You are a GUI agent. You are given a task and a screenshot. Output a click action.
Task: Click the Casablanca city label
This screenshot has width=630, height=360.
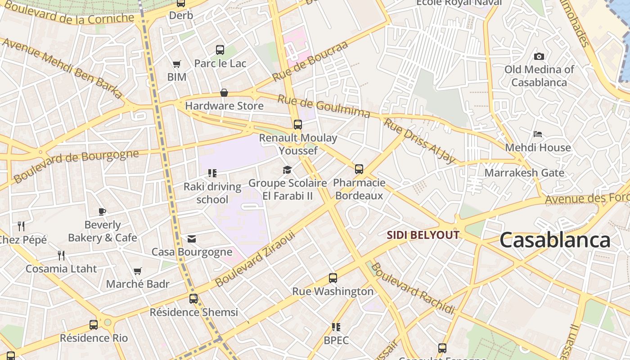555,240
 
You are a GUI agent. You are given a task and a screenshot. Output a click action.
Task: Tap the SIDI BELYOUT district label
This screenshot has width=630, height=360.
423,235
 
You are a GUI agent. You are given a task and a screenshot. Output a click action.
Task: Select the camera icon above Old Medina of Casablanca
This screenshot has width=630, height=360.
539,56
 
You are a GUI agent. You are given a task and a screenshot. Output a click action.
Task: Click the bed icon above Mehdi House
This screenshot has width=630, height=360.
538,134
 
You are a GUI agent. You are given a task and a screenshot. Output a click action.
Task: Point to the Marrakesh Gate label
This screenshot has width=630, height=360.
524,173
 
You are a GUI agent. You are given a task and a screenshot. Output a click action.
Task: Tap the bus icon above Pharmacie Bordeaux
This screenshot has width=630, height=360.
359,169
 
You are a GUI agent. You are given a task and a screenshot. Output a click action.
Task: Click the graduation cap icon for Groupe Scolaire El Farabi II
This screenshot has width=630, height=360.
287,170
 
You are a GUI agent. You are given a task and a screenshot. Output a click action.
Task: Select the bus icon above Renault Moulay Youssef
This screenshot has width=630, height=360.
297,124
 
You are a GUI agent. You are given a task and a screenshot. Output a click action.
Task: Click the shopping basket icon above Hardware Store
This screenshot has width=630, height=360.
224,93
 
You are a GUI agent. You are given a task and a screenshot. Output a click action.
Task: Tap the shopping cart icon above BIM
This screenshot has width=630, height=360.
176,64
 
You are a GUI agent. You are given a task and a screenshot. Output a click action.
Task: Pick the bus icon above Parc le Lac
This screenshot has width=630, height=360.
220,50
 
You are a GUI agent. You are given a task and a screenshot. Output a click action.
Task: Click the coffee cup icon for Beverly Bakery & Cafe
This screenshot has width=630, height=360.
102,211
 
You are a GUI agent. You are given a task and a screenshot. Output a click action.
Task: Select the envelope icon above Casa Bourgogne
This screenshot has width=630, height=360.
192,238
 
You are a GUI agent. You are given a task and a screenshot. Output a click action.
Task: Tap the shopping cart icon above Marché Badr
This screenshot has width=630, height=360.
138,271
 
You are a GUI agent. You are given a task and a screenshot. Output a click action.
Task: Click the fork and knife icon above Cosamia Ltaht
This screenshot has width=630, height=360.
61,256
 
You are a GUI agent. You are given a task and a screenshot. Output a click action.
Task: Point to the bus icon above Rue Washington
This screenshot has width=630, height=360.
333,278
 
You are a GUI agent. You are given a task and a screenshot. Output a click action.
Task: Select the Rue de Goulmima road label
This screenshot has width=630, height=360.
323,106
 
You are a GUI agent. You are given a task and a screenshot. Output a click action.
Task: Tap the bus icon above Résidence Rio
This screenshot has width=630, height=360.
94,324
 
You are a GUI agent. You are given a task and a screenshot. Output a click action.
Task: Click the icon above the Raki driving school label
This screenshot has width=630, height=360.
212,173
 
